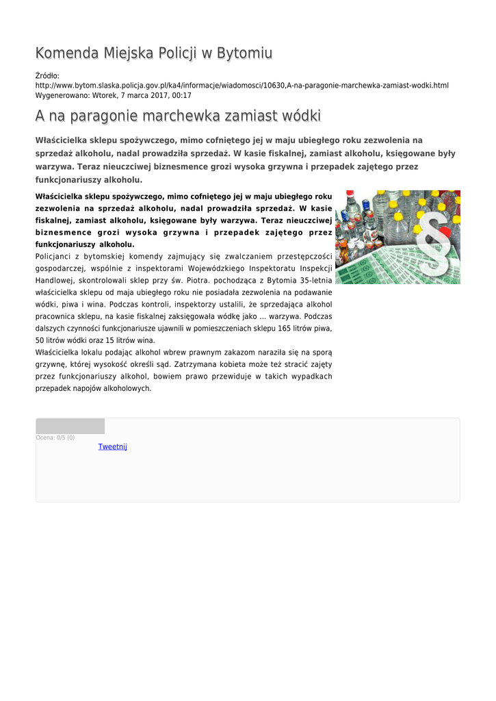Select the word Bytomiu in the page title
pyautogui.click(x=244, y=53)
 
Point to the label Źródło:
pyautogui.click(x=47, y=75)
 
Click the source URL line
pyautogui.click(x=242, y=86)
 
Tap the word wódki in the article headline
pyautogui.click(x=299, y=116)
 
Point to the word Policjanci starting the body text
pyautogui.click(x=54, y=257)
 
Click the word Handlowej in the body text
pyautogui.click(x=54, y=281)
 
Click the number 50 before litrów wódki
pyautogui.click(x=40, y=340)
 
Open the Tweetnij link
pyautogui.click(x=113, y=447)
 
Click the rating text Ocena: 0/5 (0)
pyautogui.click(x=55, y=437)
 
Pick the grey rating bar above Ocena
pyautogui.click(x=70, y=426)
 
